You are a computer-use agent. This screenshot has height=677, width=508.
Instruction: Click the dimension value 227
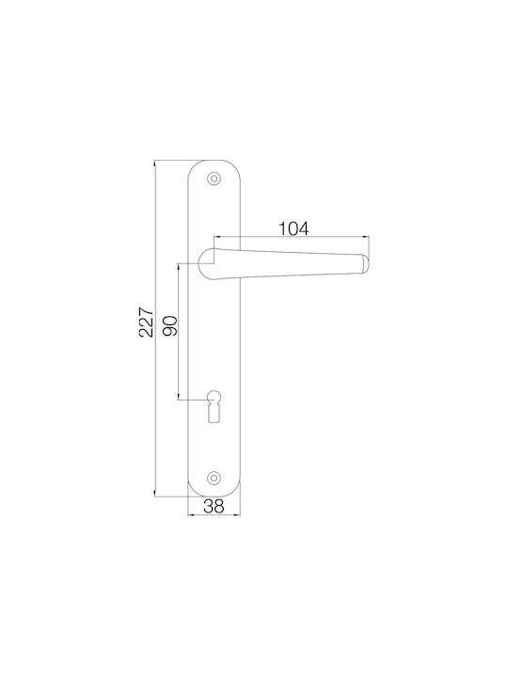click(x=147, y=322)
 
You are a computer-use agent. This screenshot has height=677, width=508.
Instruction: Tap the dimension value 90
click(x=170, y=326)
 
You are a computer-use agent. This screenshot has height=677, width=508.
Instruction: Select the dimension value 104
click(x=293, y=228)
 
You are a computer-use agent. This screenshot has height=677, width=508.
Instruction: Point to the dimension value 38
click(x=214, y=506)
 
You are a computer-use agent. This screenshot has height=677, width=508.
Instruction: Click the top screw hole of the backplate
click(x=213, y=179)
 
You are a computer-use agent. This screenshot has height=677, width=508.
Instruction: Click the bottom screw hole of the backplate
click(x=213, y=477)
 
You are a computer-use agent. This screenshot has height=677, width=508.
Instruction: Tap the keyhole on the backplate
click(x=214, y=406)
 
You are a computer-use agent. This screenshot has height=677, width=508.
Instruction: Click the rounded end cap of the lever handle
click(x=365, y=264)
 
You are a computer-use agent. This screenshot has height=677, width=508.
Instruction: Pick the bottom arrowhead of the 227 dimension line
click(x=155, y=492)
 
